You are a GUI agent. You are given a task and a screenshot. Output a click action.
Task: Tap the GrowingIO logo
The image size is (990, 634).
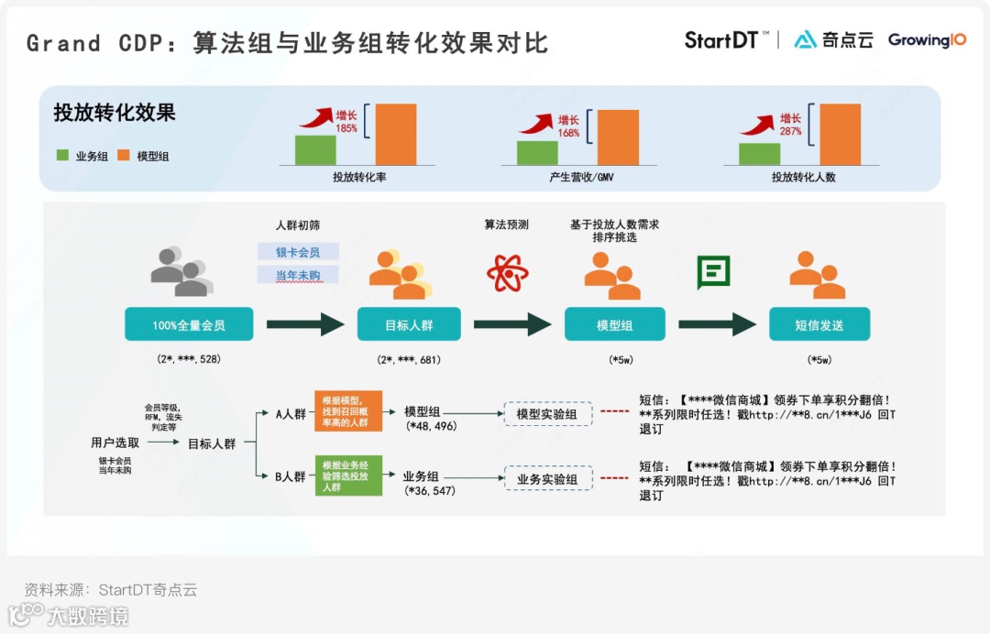click(927, 40)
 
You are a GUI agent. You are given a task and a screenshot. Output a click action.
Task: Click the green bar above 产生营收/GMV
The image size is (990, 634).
click(537, 152)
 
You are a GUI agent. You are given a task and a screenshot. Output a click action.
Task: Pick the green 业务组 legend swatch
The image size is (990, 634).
click(62, 156)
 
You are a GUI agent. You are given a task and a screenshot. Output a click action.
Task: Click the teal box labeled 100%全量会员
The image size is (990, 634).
click(189, 324)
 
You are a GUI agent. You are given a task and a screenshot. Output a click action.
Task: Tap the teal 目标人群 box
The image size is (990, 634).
click(409, 324)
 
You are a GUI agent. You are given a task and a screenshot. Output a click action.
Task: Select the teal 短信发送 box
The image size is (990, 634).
click(819, 324)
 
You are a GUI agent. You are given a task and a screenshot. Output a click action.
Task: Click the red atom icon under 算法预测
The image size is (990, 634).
click(507, 272)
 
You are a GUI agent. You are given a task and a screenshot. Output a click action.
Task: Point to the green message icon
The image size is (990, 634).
click(713, 272)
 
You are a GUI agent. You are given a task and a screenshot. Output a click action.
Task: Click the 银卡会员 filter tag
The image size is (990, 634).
click(298, 251)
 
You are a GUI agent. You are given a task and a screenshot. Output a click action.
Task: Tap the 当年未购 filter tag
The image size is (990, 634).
click(298, 275)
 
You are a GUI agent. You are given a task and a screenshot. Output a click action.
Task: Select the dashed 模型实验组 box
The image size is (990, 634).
click(547, 414)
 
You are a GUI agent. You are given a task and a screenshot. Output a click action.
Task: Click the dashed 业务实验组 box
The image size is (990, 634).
click(547, 478)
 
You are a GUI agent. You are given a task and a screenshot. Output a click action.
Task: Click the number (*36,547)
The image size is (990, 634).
click(430, 491)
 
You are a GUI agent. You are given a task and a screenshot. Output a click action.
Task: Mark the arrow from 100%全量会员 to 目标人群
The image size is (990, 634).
click(305, 324)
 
